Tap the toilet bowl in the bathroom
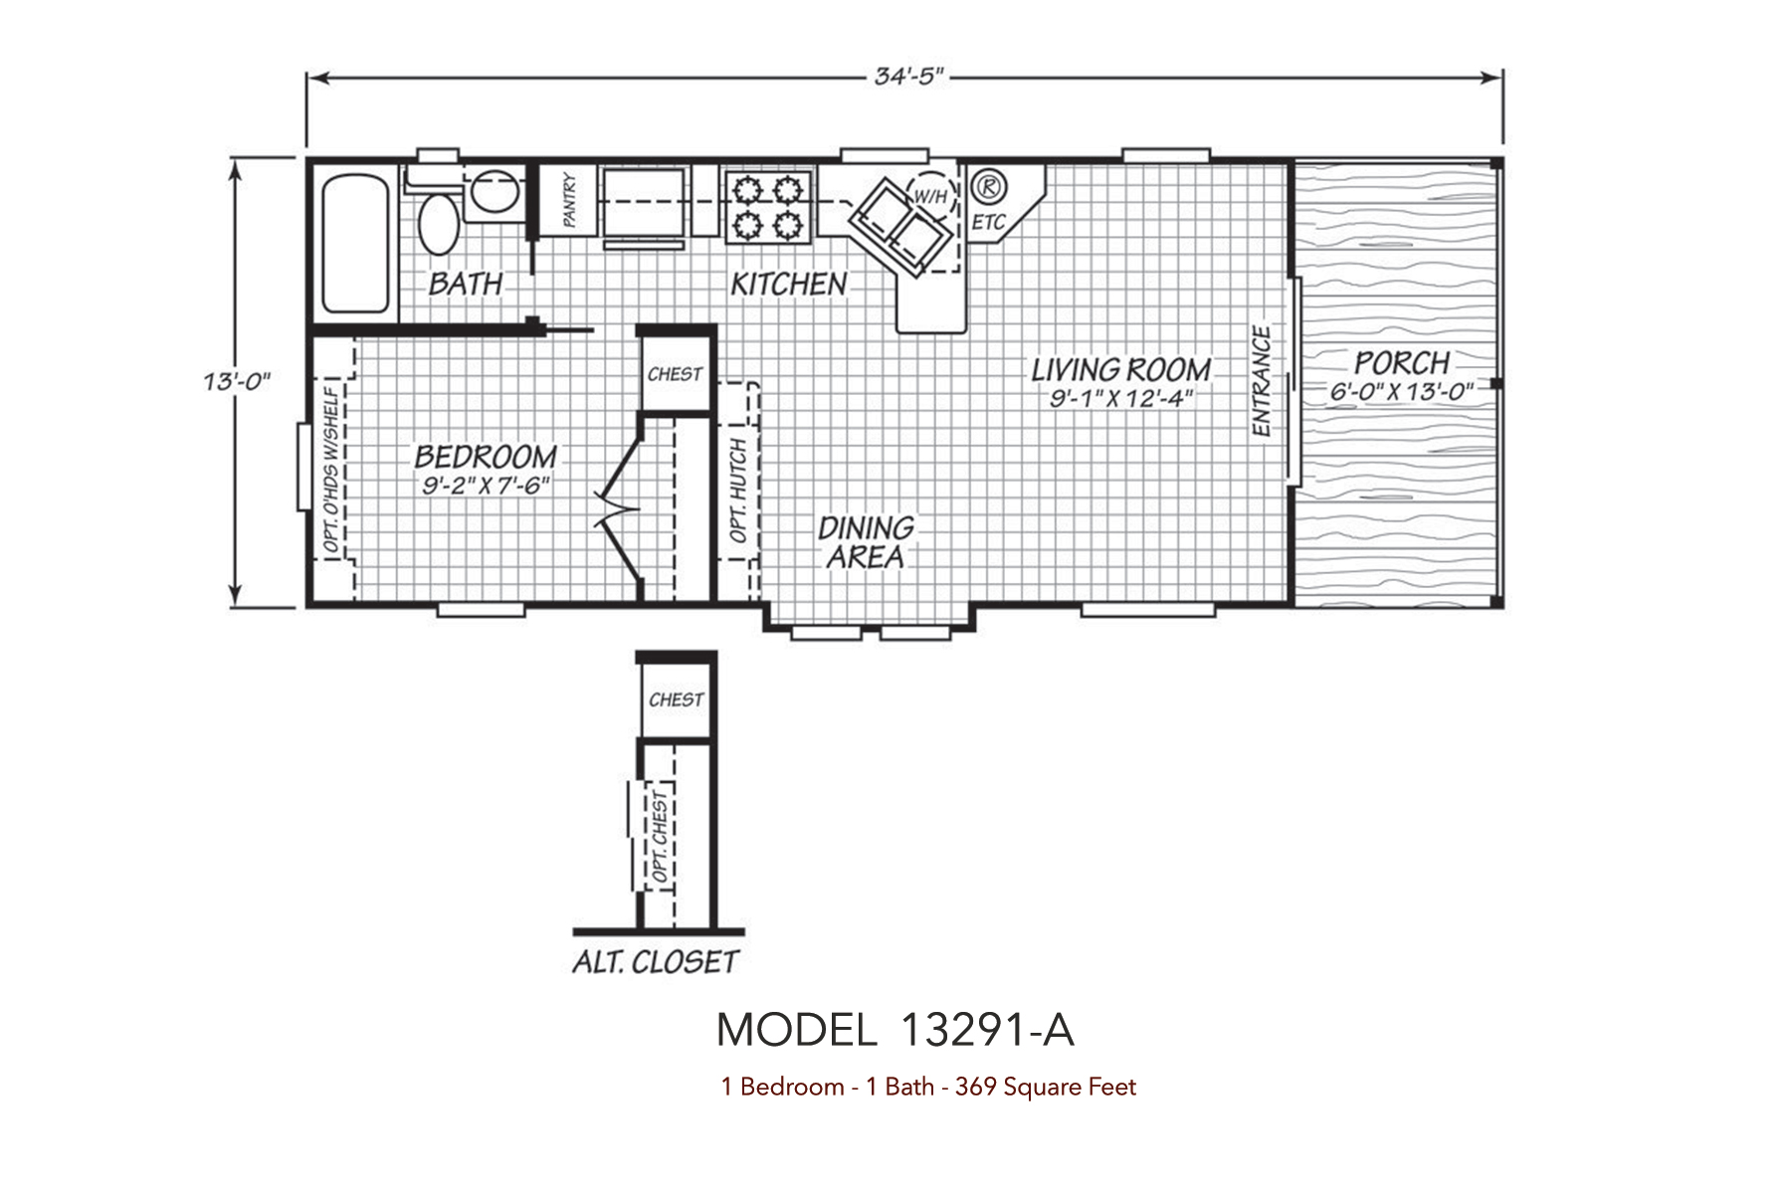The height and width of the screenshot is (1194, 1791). pos(439,224)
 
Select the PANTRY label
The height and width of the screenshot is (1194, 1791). pos(569,200)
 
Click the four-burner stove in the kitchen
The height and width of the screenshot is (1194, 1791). pos(767,206)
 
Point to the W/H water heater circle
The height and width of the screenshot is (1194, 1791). pos(929,196)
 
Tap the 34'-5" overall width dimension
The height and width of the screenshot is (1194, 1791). pos(908,77)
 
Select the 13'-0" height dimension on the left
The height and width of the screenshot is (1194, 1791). pos(237,381)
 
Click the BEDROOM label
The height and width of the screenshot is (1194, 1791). pos(486,457)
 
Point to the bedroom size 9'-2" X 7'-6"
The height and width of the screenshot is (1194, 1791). pos(486,486)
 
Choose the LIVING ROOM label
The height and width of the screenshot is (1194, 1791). pos(1121,370)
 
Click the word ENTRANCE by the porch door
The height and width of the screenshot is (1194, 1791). pos(1262,382)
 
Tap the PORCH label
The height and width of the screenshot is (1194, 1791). pos(1402,362)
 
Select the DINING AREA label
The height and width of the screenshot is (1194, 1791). pos(866,542)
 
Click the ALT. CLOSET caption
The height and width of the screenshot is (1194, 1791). pos(656,962)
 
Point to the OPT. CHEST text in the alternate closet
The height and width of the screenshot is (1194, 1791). pos(661,837)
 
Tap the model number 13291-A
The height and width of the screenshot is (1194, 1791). pos(986,1030)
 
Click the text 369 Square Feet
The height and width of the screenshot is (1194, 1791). pos(1045,1087)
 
